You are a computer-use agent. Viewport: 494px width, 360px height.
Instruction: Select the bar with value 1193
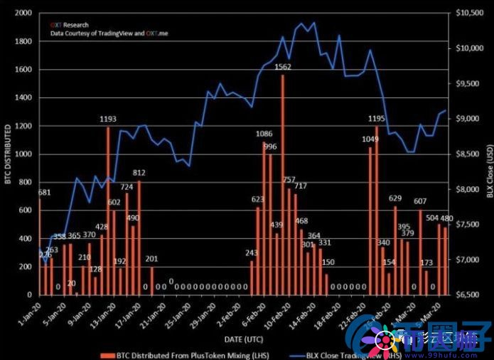click(x=108, y=210)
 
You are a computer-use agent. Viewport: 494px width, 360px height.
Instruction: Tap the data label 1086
click(x=264, y=134)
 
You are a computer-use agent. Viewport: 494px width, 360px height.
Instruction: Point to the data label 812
click(x=139, y=173)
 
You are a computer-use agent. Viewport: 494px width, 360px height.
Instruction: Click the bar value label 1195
click(x=377, y=118)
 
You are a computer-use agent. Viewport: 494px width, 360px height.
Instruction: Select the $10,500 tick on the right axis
click(x=468, y=14)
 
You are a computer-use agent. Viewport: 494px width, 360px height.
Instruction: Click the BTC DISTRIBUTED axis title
click(x=8, y=154)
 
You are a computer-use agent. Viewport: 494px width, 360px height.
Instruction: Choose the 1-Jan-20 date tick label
click(x=31, y=311)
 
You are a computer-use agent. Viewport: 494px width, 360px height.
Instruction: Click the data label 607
click(x=420, y=201)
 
